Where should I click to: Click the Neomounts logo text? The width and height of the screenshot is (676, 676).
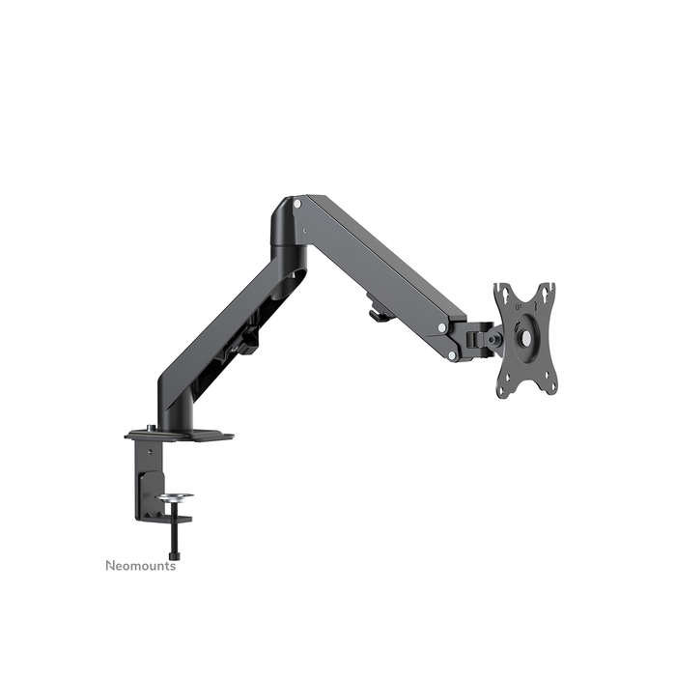(x=140, y=566)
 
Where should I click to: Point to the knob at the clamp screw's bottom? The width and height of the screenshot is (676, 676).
(x=175, y=555)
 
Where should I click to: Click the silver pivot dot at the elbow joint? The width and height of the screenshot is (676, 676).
(x=296, y=206)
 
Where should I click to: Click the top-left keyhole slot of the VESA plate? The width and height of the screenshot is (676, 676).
(x=502, y=292)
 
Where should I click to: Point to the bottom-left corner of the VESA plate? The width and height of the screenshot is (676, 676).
(x=504, y=385)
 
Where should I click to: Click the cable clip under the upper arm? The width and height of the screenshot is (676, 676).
(x=379, y=312)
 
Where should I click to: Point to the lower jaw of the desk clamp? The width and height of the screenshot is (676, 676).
(x=162, y=516)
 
